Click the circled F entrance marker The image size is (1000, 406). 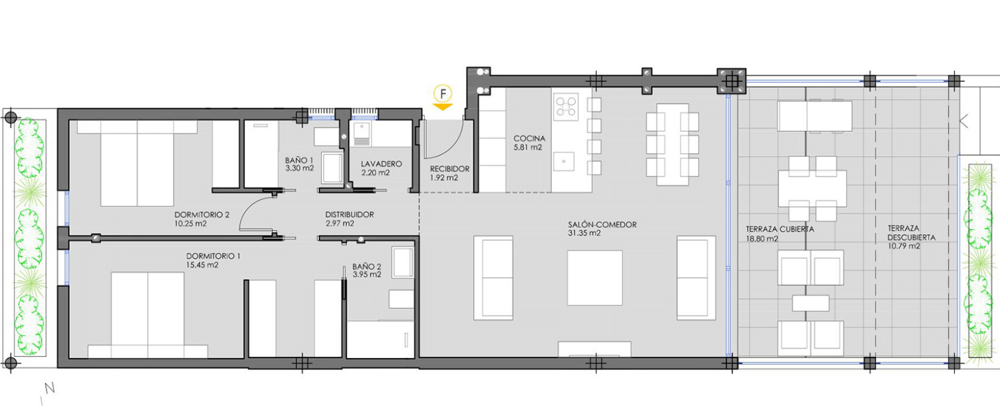click(443, 94)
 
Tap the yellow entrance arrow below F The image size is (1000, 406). click(443, 107)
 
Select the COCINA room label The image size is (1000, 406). click(529, 138)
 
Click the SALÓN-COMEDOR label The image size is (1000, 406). click(603, 224)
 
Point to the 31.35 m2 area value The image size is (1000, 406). click(585, 233)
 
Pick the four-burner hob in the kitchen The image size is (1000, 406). click(566, 106)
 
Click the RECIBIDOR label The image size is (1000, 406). click(449, 169)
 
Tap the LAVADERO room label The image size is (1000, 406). click(381, 164)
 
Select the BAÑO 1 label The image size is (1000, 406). click(299, 160)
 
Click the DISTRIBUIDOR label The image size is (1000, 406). click(350, 214)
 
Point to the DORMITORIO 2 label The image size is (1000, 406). click(202, 214)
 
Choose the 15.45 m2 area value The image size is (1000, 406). click(202, 265)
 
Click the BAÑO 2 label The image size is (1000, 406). click(367, 266)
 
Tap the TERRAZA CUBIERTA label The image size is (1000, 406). click(780, 230)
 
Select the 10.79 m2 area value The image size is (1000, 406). click(904, 246)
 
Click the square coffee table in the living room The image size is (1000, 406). click(595, 278)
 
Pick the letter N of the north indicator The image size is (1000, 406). click(49, 388)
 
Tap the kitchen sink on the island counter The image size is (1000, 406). click(564, 162)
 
